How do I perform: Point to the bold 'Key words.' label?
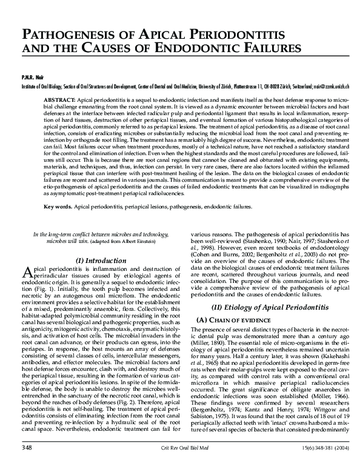click(x=58, y=207)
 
